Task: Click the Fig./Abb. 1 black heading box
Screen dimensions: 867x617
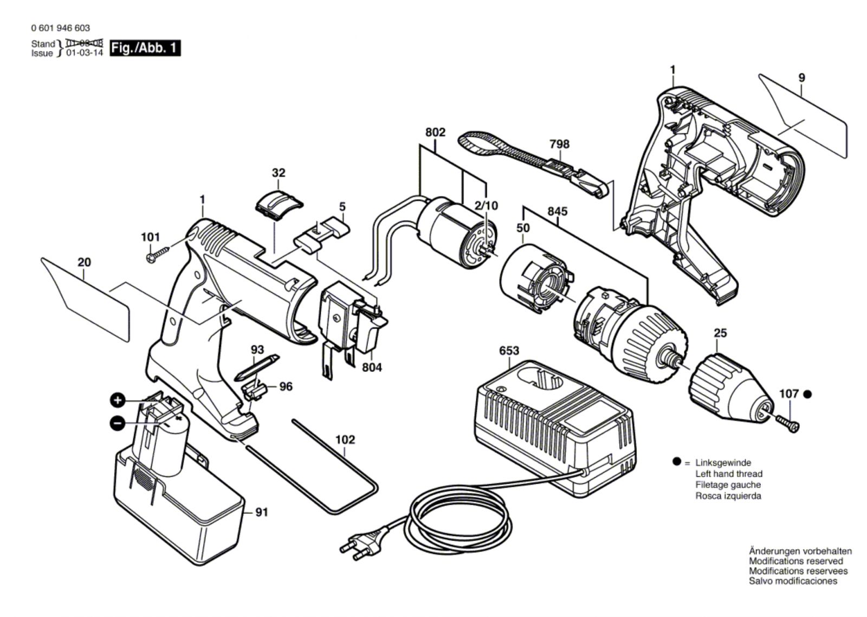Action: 145,48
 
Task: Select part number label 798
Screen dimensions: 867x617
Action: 559,144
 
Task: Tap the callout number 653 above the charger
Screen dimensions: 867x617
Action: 509,351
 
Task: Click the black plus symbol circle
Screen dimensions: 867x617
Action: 117,400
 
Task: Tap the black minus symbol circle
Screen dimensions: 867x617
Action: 117,423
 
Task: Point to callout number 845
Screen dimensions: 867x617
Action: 558,211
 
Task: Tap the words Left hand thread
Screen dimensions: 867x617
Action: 729,474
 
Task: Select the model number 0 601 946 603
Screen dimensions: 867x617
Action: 60,28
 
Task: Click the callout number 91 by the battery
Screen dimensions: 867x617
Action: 262,512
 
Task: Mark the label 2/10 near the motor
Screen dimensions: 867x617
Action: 486,205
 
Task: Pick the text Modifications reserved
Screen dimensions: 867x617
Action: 796,561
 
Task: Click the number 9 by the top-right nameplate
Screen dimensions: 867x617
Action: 801,78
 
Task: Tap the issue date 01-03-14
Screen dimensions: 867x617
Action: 85,53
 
